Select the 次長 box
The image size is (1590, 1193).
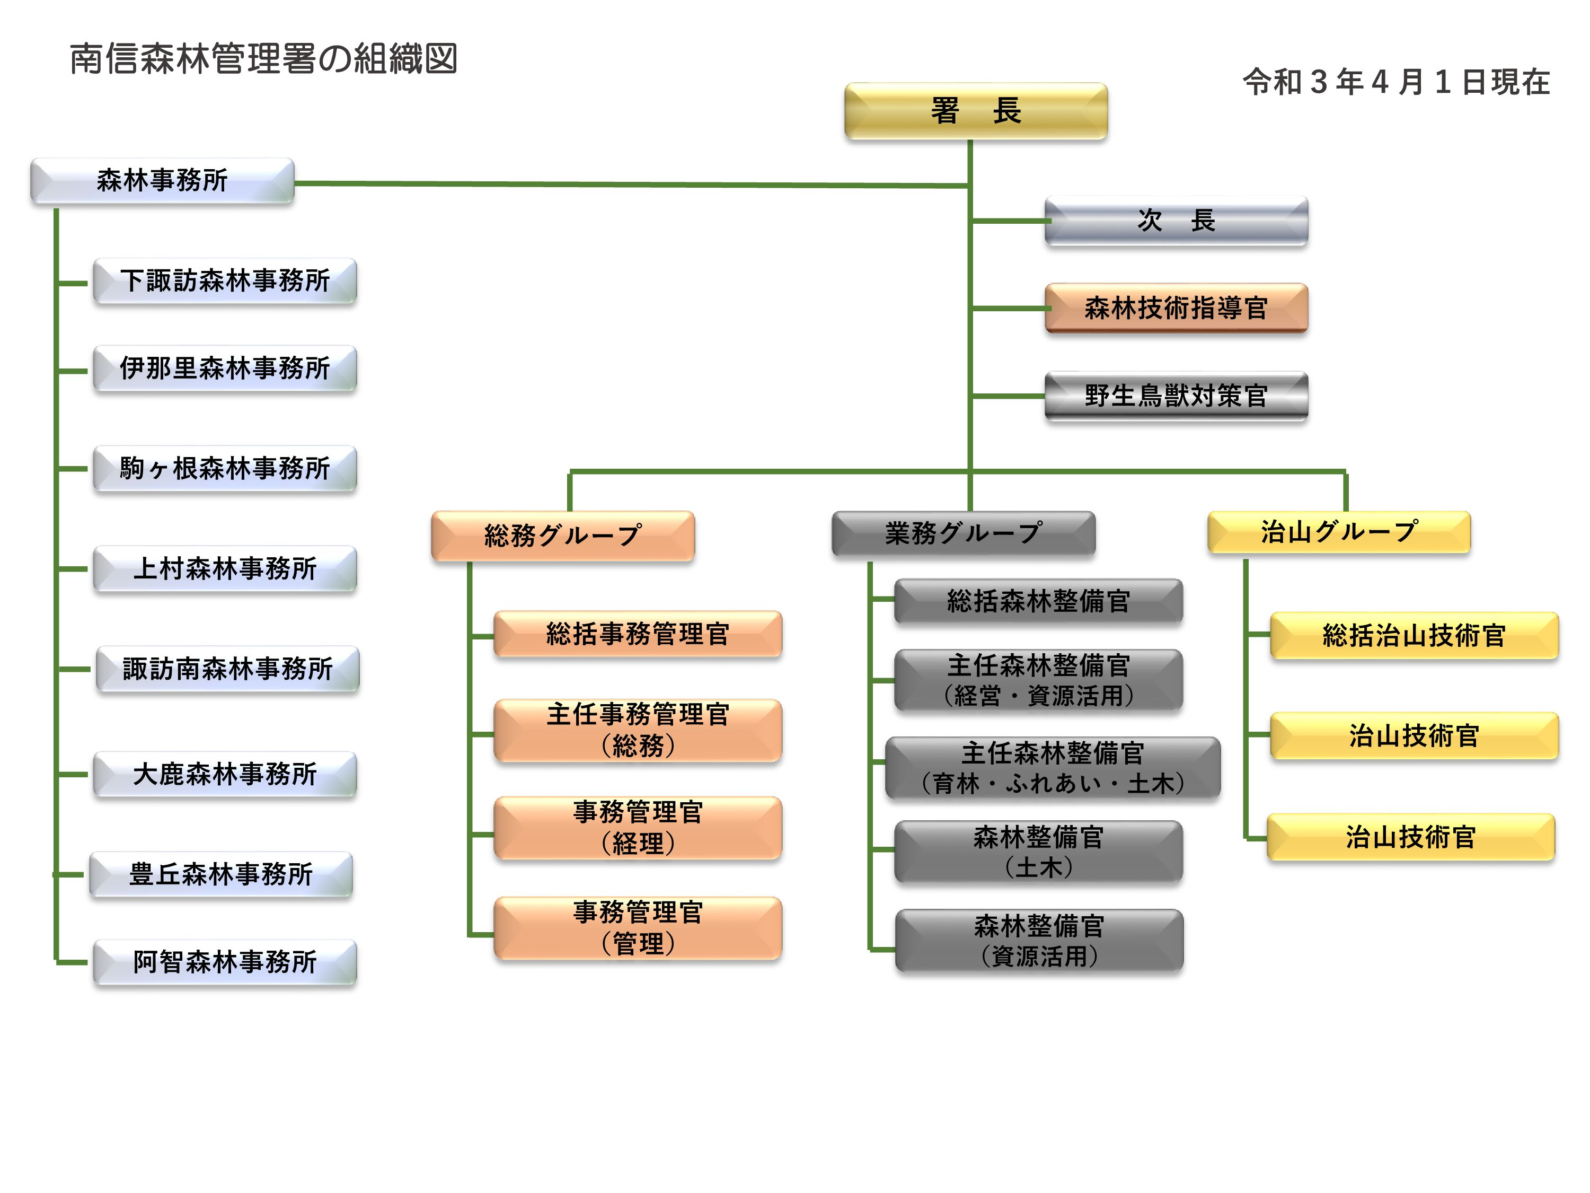tap(1176, 221)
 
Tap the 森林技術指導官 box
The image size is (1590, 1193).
tap(1176, 308)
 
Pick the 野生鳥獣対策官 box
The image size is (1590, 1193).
tap(1176, 396)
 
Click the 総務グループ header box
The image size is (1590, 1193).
tap(562, 535)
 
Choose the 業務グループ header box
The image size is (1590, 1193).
tap(963, 533)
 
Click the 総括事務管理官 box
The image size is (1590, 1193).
tap(638, 634)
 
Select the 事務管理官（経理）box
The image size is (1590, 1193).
tap(638, 827)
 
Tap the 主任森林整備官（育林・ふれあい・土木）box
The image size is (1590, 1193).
tap(1053, 767)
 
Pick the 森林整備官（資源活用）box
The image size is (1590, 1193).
tap(1039, 940)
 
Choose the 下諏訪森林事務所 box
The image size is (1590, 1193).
tap(224, 280)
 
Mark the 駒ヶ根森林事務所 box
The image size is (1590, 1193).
tap(224, 468)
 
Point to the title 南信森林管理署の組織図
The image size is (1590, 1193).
tap(263, 59)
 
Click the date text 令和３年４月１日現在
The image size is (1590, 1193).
tap(1396, 82)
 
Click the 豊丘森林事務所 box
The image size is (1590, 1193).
tap(220, 874)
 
